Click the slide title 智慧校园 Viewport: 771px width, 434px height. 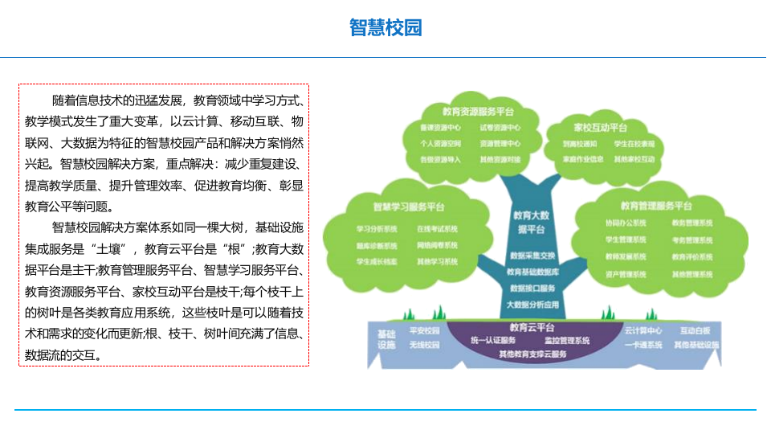[385, 27]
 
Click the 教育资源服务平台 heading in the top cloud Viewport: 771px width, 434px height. [478, 112]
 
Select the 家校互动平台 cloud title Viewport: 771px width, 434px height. [601, 128]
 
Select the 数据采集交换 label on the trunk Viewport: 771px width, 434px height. [532, 256]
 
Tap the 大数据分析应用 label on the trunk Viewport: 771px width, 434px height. [532, 305]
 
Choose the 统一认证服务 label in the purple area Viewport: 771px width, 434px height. [493, 341]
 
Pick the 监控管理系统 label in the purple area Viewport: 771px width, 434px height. [567, 341]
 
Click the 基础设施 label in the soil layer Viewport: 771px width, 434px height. [386, 338]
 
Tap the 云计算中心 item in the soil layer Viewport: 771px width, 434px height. [643, 330]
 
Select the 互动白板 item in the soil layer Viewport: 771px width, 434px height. [696, 330]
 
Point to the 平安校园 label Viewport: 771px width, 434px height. [425, 330]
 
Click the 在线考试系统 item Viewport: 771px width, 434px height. [437, 229]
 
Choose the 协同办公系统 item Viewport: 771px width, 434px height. [626, 223]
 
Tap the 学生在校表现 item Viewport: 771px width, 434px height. [634, 144]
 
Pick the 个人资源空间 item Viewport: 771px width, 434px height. [440, 143]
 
